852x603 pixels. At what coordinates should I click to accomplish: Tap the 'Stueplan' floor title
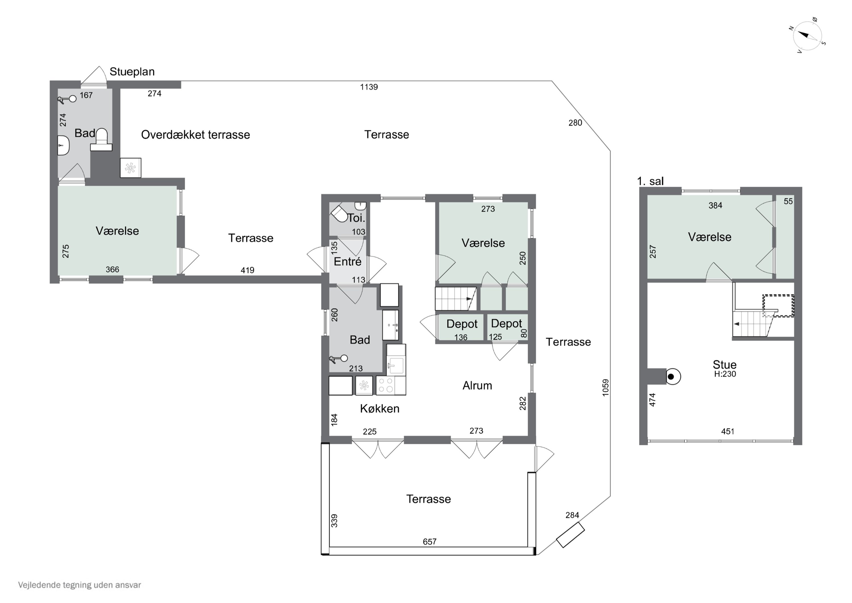pos(132,72)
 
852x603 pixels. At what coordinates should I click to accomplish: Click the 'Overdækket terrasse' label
pos(196,134)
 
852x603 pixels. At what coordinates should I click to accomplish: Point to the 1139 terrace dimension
pos(369,87)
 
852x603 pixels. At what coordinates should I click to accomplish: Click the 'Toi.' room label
pos(356,218)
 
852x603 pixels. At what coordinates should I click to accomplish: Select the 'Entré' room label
pos(347,262)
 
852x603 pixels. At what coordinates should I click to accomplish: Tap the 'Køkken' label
pos(380,409)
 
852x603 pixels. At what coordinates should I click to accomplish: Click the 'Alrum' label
pos(477,386)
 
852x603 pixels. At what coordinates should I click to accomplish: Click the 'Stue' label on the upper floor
pos(725,364)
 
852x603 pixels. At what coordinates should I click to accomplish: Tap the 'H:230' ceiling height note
pos(725,374)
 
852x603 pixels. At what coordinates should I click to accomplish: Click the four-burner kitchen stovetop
pos(386,385)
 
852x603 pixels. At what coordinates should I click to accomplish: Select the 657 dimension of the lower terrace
pos(429,542)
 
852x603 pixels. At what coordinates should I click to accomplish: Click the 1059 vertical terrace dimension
pos(605,388)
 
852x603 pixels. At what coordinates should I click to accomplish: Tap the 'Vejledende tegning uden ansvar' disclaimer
pos(80,585)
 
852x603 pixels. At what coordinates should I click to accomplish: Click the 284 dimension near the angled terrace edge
pos(572,515)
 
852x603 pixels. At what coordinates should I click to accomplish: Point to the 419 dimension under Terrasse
pos(248,270)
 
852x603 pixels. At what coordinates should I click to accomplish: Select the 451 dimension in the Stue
pos(728,431)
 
